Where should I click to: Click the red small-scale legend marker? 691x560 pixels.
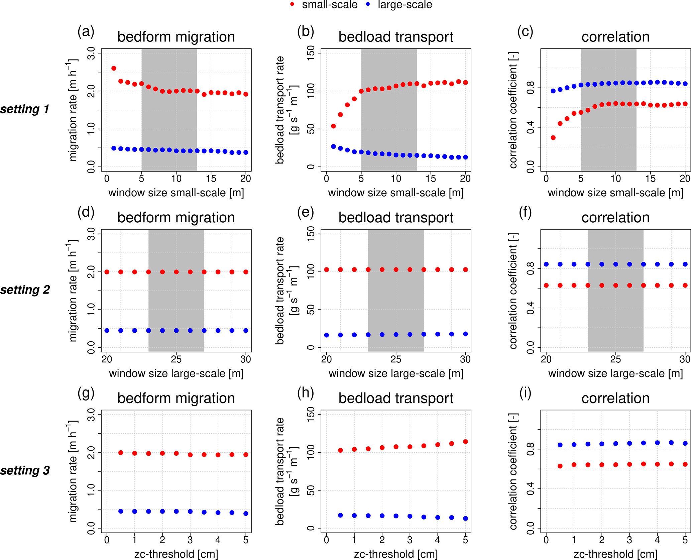pyautogui.click(x=293, y=4)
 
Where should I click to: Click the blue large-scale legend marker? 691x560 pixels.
pyautogui.click(x=368, y=4)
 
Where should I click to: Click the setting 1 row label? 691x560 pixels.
pyautogui.click(x=25, y=109)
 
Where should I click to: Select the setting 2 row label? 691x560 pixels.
pyautogui.click(x=25, y=290)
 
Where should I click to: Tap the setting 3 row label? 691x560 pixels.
pyautogui.click(x=25, y=470)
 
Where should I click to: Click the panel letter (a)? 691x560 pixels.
pyautogui.click(x=86, y=31)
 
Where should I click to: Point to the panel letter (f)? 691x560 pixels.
pyautogui.click(x=525, y=212)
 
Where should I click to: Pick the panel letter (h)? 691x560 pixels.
pyautogui.click(x=306, y=393)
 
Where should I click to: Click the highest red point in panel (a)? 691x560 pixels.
pyautogui.click(x=114, y=68)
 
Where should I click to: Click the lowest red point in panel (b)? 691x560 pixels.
pyautogui.click(x=333, y=126)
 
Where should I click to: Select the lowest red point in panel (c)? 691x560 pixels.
pyautogui.click(x=553, y=137)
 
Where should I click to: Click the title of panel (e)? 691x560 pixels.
pyautogui.click(x=396, y=218)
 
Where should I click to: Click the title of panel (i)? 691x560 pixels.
pyautogui.click(x=615, y=398)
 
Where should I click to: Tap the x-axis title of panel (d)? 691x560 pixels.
pyautogui.click(x=176, y=373)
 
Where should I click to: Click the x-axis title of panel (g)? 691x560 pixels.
pyautogui.click(x=176, y=554)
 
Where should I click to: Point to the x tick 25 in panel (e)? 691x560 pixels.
pyautogui.click(x=396, y=359)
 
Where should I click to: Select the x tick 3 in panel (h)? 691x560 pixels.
pyautogui.click(x=410, y=540)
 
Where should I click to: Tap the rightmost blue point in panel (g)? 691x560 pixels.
pyautogui.click(x=246, y=513)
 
